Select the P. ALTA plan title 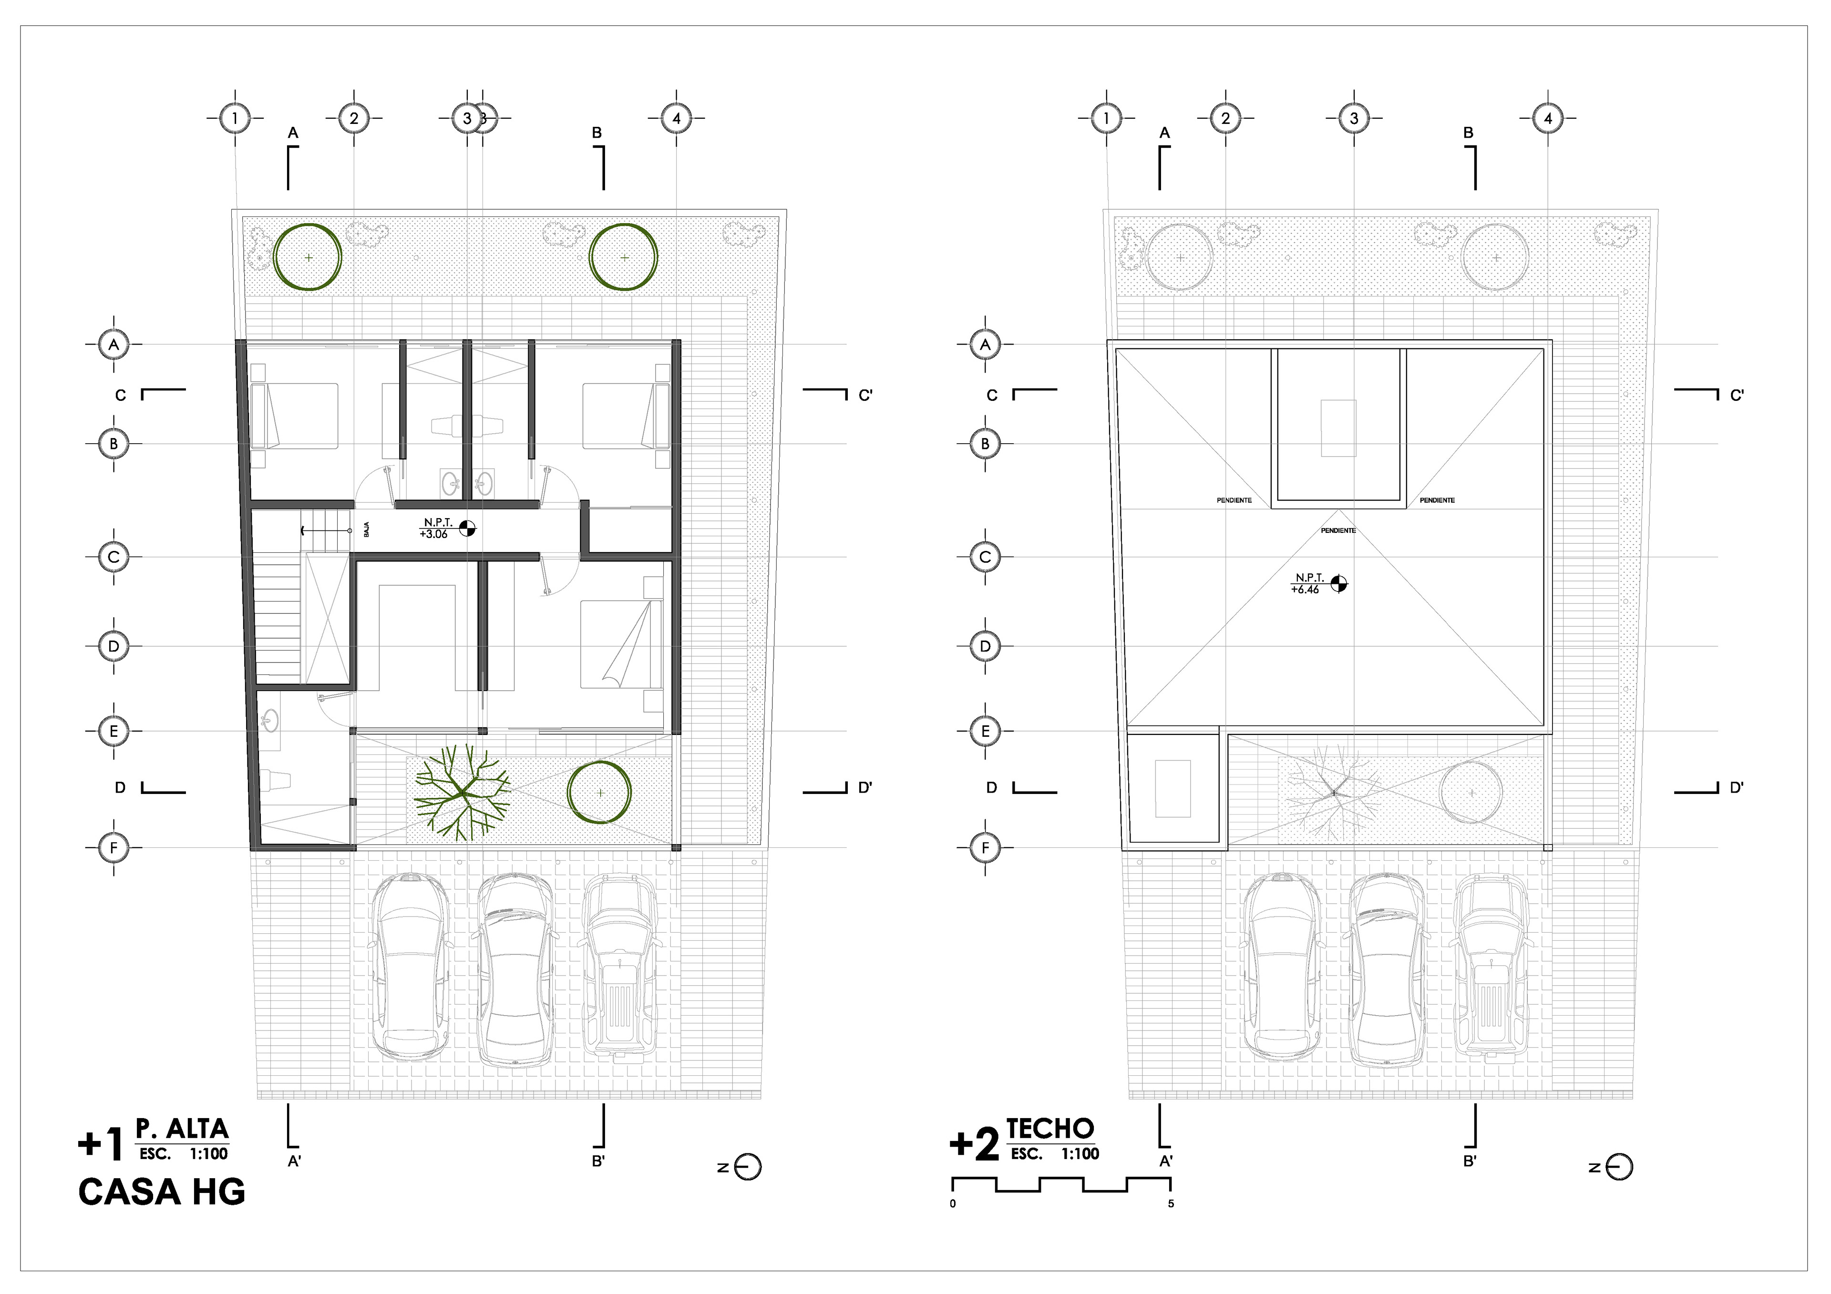(183, 1129)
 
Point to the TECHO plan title (1050, 1129)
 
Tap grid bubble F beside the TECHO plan (985, 847)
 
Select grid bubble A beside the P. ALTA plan (113, 345)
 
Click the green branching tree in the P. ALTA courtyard (462, 792)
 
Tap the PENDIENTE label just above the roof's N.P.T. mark (1338, 530)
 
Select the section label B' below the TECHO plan (1470, 1162)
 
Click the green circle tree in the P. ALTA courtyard (600, 793)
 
